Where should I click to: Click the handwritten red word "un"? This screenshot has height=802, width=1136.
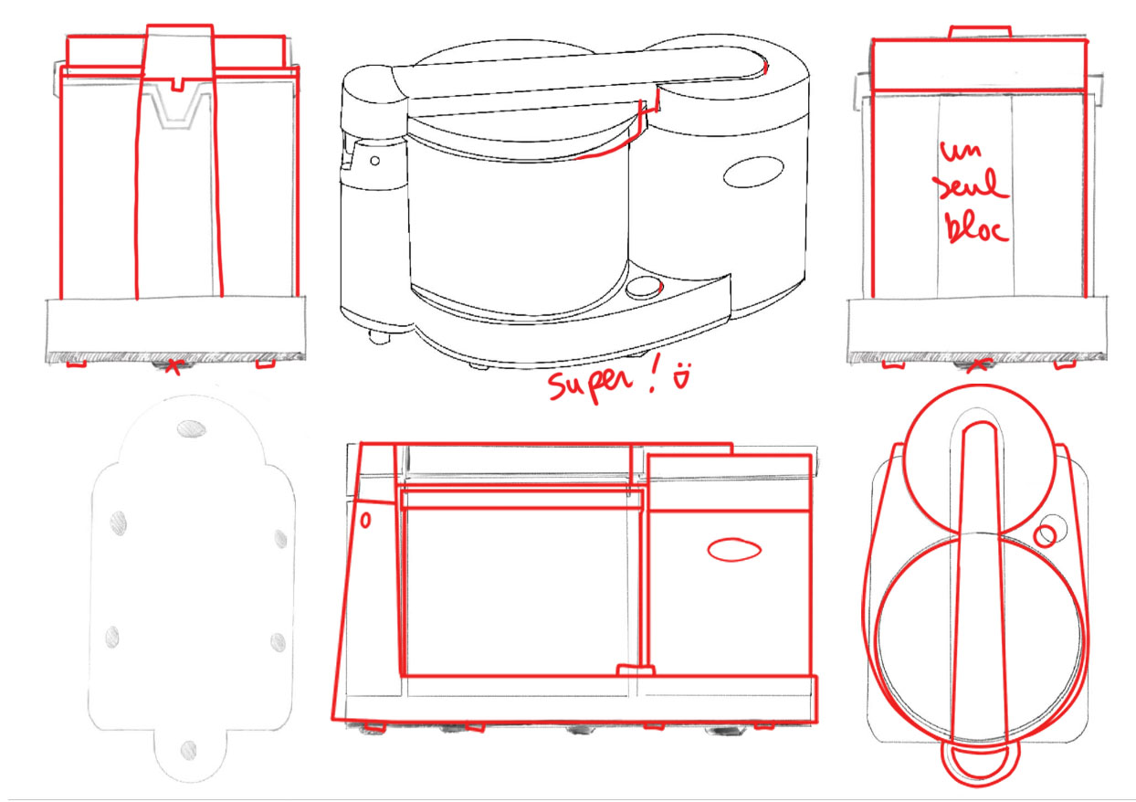tap(960, 151)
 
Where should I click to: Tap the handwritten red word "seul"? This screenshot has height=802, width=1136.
tap(973, 186)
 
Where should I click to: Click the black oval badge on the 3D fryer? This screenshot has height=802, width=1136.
tap(753, 172)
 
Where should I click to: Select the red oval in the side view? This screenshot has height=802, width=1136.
tap(734, 549)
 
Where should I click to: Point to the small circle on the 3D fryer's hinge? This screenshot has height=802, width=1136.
tap(374, 160)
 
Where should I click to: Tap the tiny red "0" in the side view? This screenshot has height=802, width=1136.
tap(365, 521)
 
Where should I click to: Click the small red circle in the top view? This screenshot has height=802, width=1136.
tap(1045, 536)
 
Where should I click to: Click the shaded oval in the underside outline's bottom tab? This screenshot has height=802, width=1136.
tap(188, 750)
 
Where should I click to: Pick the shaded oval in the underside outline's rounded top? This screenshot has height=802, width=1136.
tap(192, 429)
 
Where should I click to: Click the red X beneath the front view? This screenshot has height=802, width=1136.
tap(174, 367)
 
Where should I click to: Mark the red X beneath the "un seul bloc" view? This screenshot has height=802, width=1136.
tap(978, 365)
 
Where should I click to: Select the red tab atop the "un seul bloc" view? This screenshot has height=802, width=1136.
tap(980, 33)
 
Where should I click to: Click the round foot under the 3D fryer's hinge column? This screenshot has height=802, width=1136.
tap(379, 337)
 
